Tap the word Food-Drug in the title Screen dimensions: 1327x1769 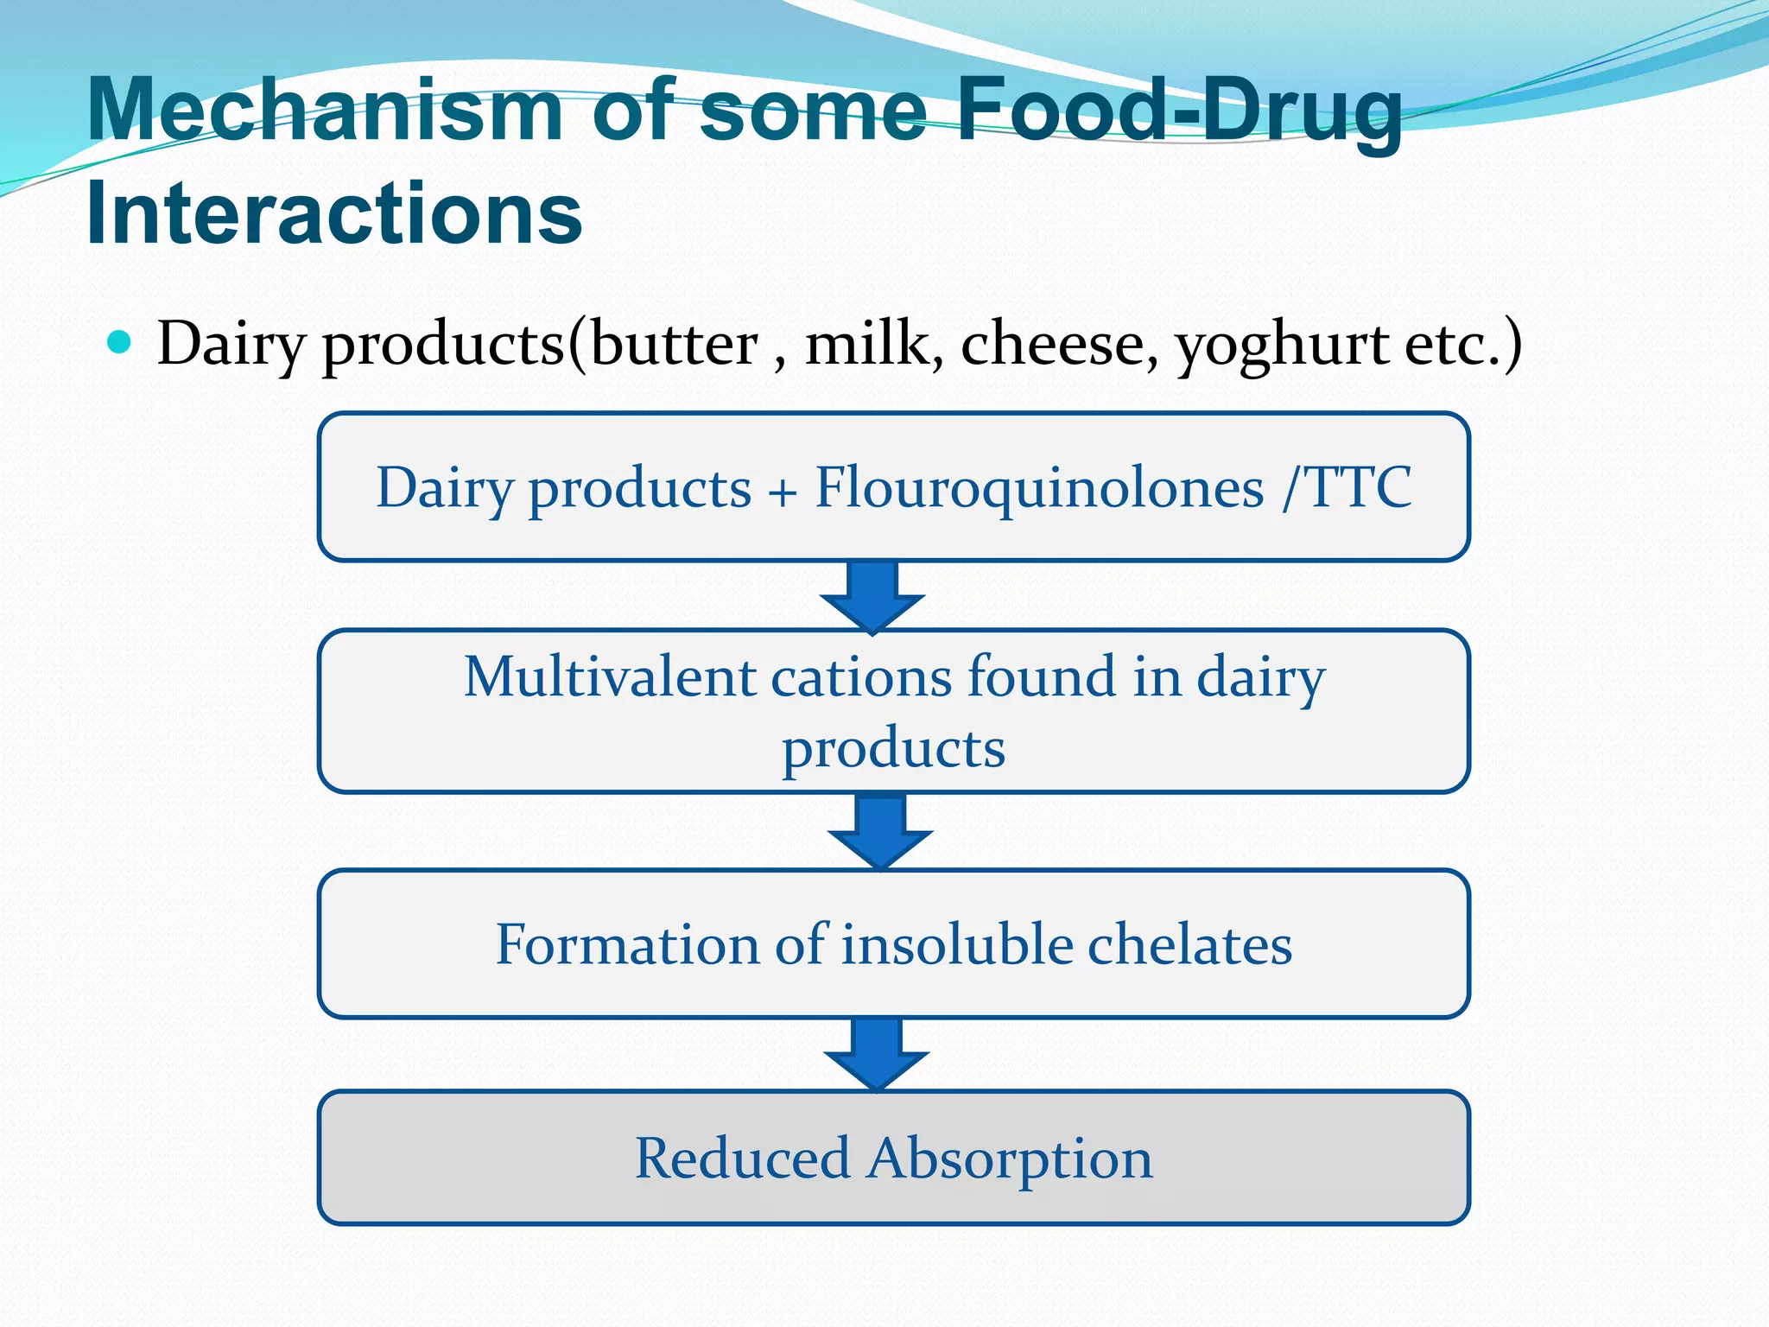tap(1178, 111)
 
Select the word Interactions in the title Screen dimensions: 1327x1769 tap(334, 213)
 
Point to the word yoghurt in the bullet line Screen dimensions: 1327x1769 tap(1282, 345)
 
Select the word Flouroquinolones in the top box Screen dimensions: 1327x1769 tap(1039, 488)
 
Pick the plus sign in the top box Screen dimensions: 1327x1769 tap(783, 492)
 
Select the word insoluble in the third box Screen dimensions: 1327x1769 tap(956, 943)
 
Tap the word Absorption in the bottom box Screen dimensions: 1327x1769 tap(1010, 1159)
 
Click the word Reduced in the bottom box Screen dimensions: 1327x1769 tap(743, 1159)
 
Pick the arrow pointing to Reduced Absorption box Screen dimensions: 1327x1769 tap(877, 1055)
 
